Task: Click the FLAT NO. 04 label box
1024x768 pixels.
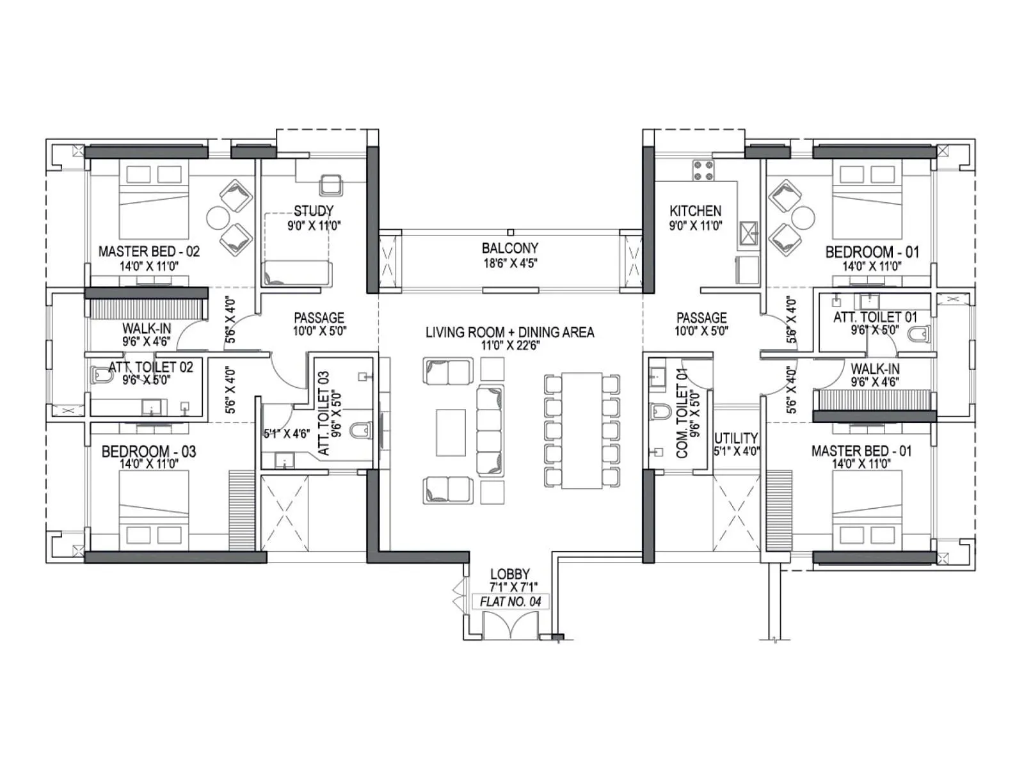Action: coord(510,602)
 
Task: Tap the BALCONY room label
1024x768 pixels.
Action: coord(510,248)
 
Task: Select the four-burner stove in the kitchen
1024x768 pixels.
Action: coord(703,170)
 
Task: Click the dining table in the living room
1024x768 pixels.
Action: coord(582,431)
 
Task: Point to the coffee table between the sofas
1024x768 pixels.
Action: coord(451,433)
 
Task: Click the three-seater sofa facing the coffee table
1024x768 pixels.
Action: coord(490,431)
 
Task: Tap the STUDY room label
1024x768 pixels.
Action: coord(313,211)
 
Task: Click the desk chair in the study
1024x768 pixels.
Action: coord(331,185)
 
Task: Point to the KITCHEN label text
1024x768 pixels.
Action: coord(695,211)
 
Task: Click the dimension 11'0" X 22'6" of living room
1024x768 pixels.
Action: coord(510,346)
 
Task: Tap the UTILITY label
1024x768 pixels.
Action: coord(736,438)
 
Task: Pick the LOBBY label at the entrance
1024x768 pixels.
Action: coord(510,574)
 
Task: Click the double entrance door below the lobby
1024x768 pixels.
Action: coord(510,625)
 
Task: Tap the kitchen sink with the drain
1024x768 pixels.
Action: coord(748,235)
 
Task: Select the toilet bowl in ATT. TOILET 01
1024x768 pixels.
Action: coord(919,335)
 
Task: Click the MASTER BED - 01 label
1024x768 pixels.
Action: coord(861,451)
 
